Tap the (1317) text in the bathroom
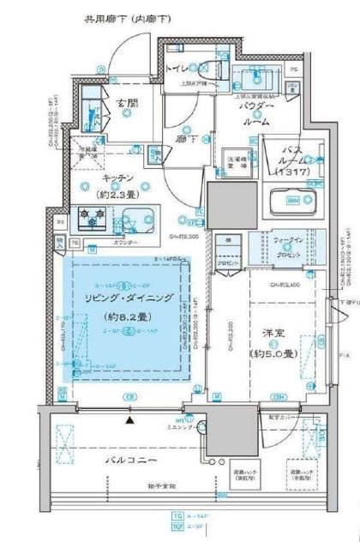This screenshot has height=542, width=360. click(292, 172)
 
